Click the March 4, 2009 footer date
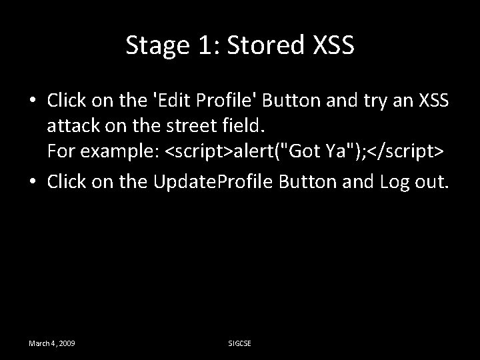click(x=51, y=343)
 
